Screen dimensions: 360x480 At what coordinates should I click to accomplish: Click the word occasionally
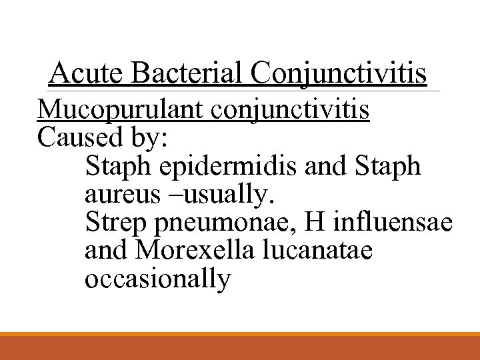tap(157, 278)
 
